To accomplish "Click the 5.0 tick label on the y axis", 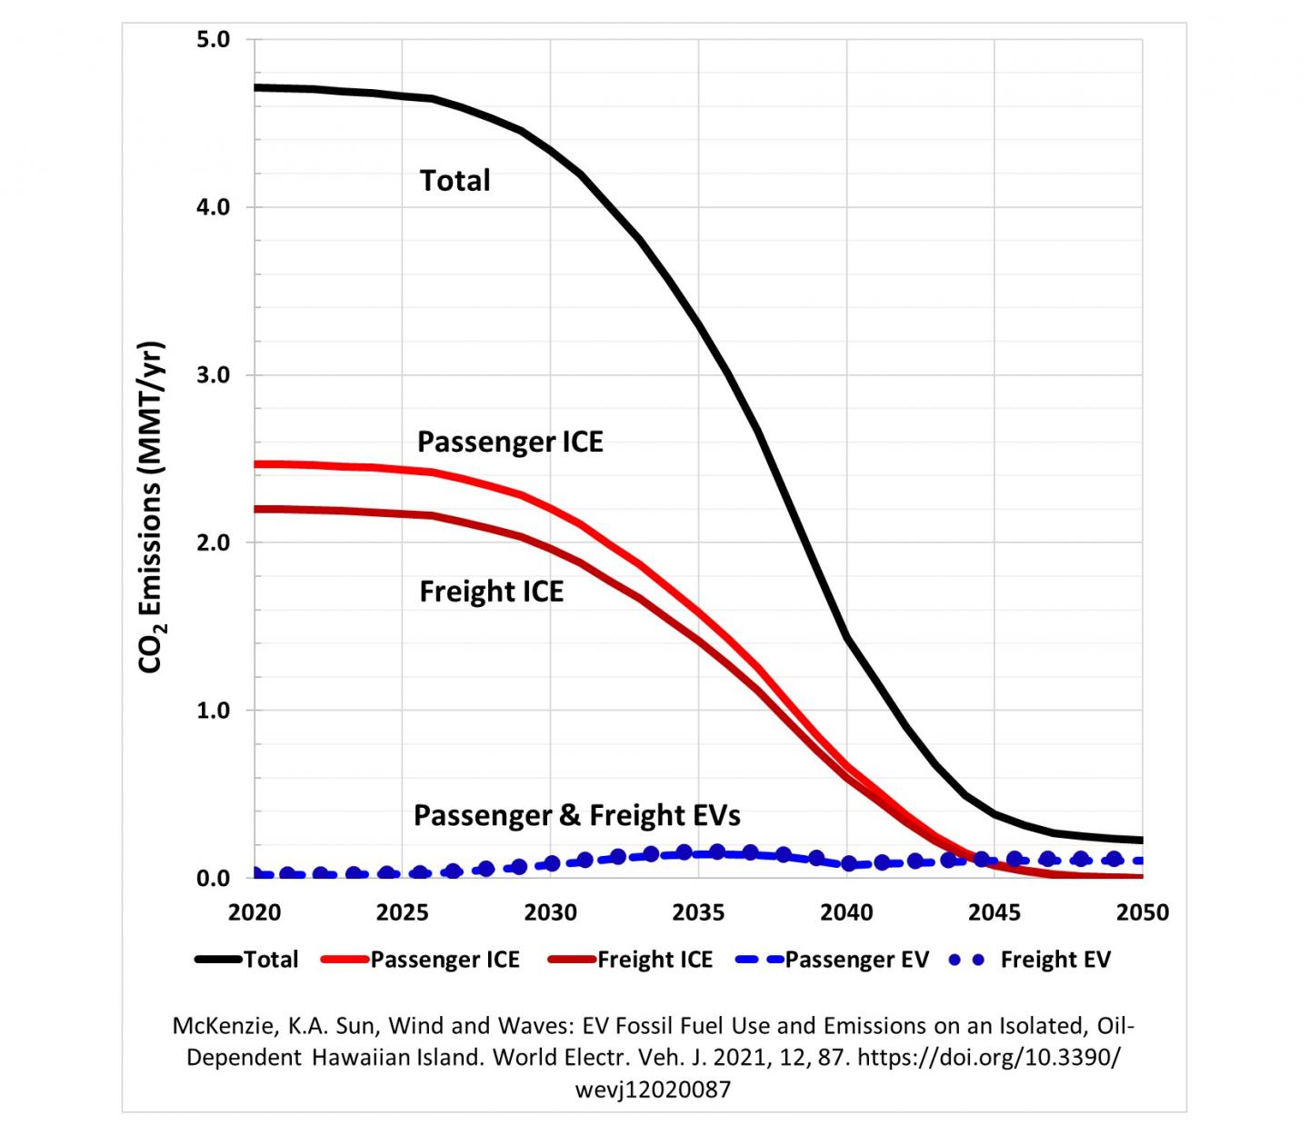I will pyautogui.click(x=214, y=40).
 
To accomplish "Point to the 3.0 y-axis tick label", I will pyautogui.click(x=214, y=375).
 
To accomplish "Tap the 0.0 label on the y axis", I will pyautogui.click(x=214, y=879).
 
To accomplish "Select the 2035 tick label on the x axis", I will pyautogui.click(x=698, y=912).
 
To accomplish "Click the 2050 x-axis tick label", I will pyautogui.click(x=1142, y=912).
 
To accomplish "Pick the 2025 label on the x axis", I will pyautogui.click(x=402, y=912).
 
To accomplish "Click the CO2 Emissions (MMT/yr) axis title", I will pyautogui.click(x=151, y=507).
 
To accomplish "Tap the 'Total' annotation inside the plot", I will pyautogui.click(x=455, y=180).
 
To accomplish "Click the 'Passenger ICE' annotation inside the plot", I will pyautogui.click(x=510, y=442).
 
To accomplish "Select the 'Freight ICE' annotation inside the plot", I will pyautogui.click(x=491, y=592).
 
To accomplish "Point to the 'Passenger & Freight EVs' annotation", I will pyautogui.click(x=576, y=815).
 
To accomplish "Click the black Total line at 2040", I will pyautogui.click(x=846, y=637).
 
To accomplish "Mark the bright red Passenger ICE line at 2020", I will pyautogui.click(x=256, y=463).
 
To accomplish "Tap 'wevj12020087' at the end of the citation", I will pyautogui.click(x=653, y=1090).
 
